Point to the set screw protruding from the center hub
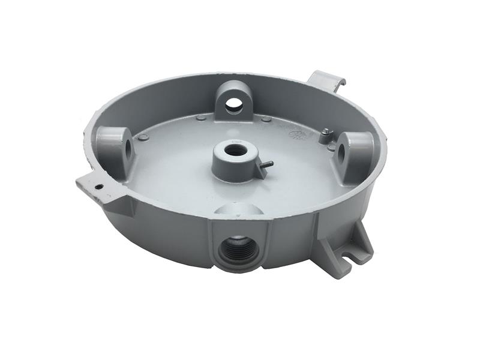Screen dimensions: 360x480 (x=266, y=164)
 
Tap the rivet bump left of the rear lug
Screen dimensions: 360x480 (x=201, y=118)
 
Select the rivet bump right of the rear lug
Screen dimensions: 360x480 (x=266, y=119)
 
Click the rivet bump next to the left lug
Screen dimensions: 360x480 (x=143, y=137)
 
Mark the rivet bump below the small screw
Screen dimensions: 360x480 (x=331, y=147)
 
